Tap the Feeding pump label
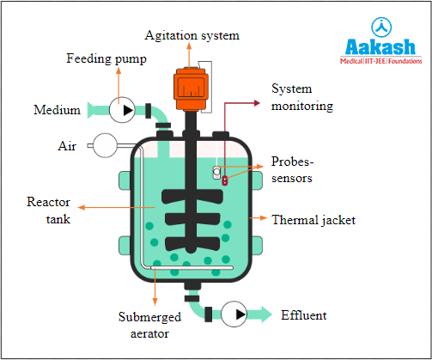[x=106, y=58]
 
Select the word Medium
[x=57, y=110]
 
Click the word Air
[x=69, y=146]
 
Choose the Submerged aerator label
[x=149, y=325]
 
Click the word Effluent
[x=303, y=315]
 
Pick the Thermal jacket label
[x=313, y=220]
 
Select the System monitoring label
[x=302, y=97]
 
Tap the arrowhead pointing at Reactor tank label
[x=81, y=207]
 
